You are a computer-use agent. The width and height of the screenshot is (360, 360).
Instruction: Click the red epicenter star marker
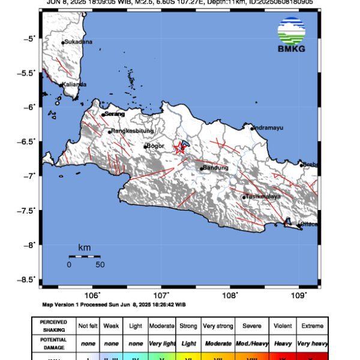179,149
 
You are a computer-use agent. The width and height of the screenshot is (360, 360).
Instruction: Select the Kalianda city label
74,84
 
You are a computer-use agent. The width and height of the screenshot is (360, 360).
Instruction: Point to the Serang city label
114,114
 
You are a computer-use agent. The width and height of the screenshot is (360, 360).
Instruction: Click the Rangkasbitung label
132,131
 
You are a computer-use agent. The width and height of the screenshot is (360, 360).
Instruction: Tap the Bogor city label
155,146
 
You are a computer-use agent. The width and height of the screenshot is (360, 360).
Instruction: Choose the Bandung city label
216,168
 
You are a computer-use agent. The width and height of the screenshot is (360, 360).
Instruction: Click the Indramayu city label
268,127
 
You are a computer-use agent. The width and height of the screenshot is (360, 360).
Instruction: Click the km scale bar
84,256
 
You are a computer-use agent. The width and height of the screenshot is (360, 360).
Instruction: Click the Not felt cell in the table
89,326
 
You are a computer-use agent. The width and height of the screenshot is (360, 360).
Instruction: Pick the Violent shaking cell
282,326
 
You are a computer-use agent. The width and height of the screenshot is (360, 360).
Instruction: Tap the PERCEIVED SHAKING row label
54,326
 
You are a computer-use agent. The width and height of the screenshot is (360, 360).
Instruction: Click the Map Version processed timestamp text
114,304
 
